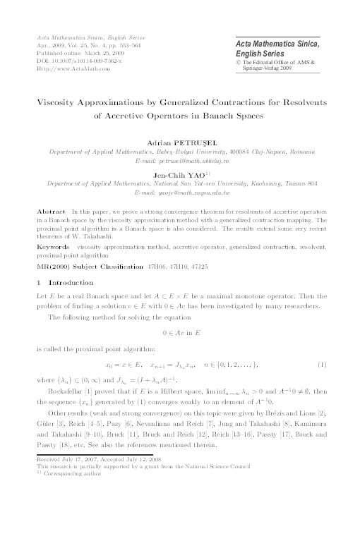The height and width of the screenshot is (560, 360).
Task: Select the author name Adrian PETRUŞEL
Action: (x=181, y=142)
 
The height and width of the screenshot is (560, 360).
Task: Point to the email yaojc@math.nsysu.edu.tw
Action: (x=182, y=191)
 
